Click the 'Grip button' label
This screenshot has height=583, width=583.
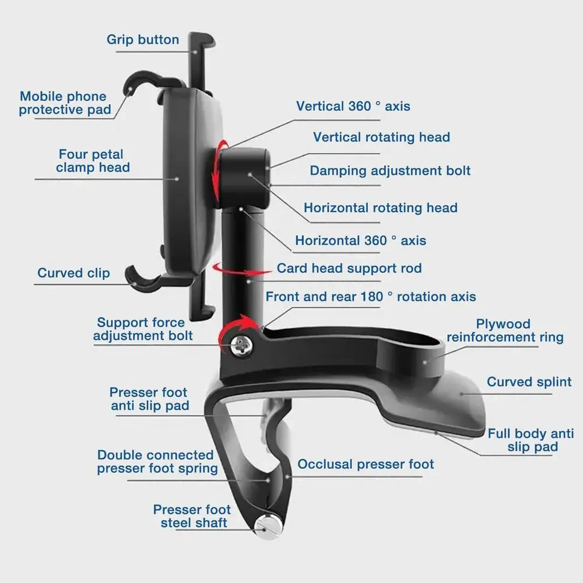pos(143,40)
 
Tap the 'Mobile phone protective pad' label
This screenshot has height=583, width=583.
pos(64,103)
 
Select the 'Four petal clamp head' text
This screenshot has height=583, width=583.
pos(93,161)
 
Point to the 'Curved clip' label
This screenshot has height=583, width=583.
pos(73,273)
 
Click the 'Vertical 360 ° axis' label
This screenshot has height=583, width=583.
pos(353,106)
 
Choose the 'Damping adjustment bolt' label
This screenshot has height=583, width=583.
pos(389,171)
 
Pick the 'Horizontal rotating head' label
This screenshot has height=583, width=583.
pos(380,208)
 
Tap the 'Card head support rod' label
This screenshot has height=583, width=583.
pos(349,268)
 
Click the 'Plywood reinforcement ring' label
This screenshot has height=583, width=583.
pos(504,331)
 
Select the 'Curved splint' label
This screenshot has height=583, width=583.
pos(529,382)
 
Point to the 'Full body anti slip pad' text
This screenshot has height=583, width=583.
pos(531,440)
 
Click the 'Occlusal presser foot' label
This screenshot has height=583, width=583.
pos(366,464)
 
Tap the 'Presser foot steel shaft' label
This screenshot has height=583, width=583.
pos(192,517)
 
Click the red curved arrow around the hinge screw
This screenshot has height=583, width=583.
pos(233,329)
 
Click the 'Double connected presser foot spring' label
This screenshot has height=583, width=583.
pos(155,461)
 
